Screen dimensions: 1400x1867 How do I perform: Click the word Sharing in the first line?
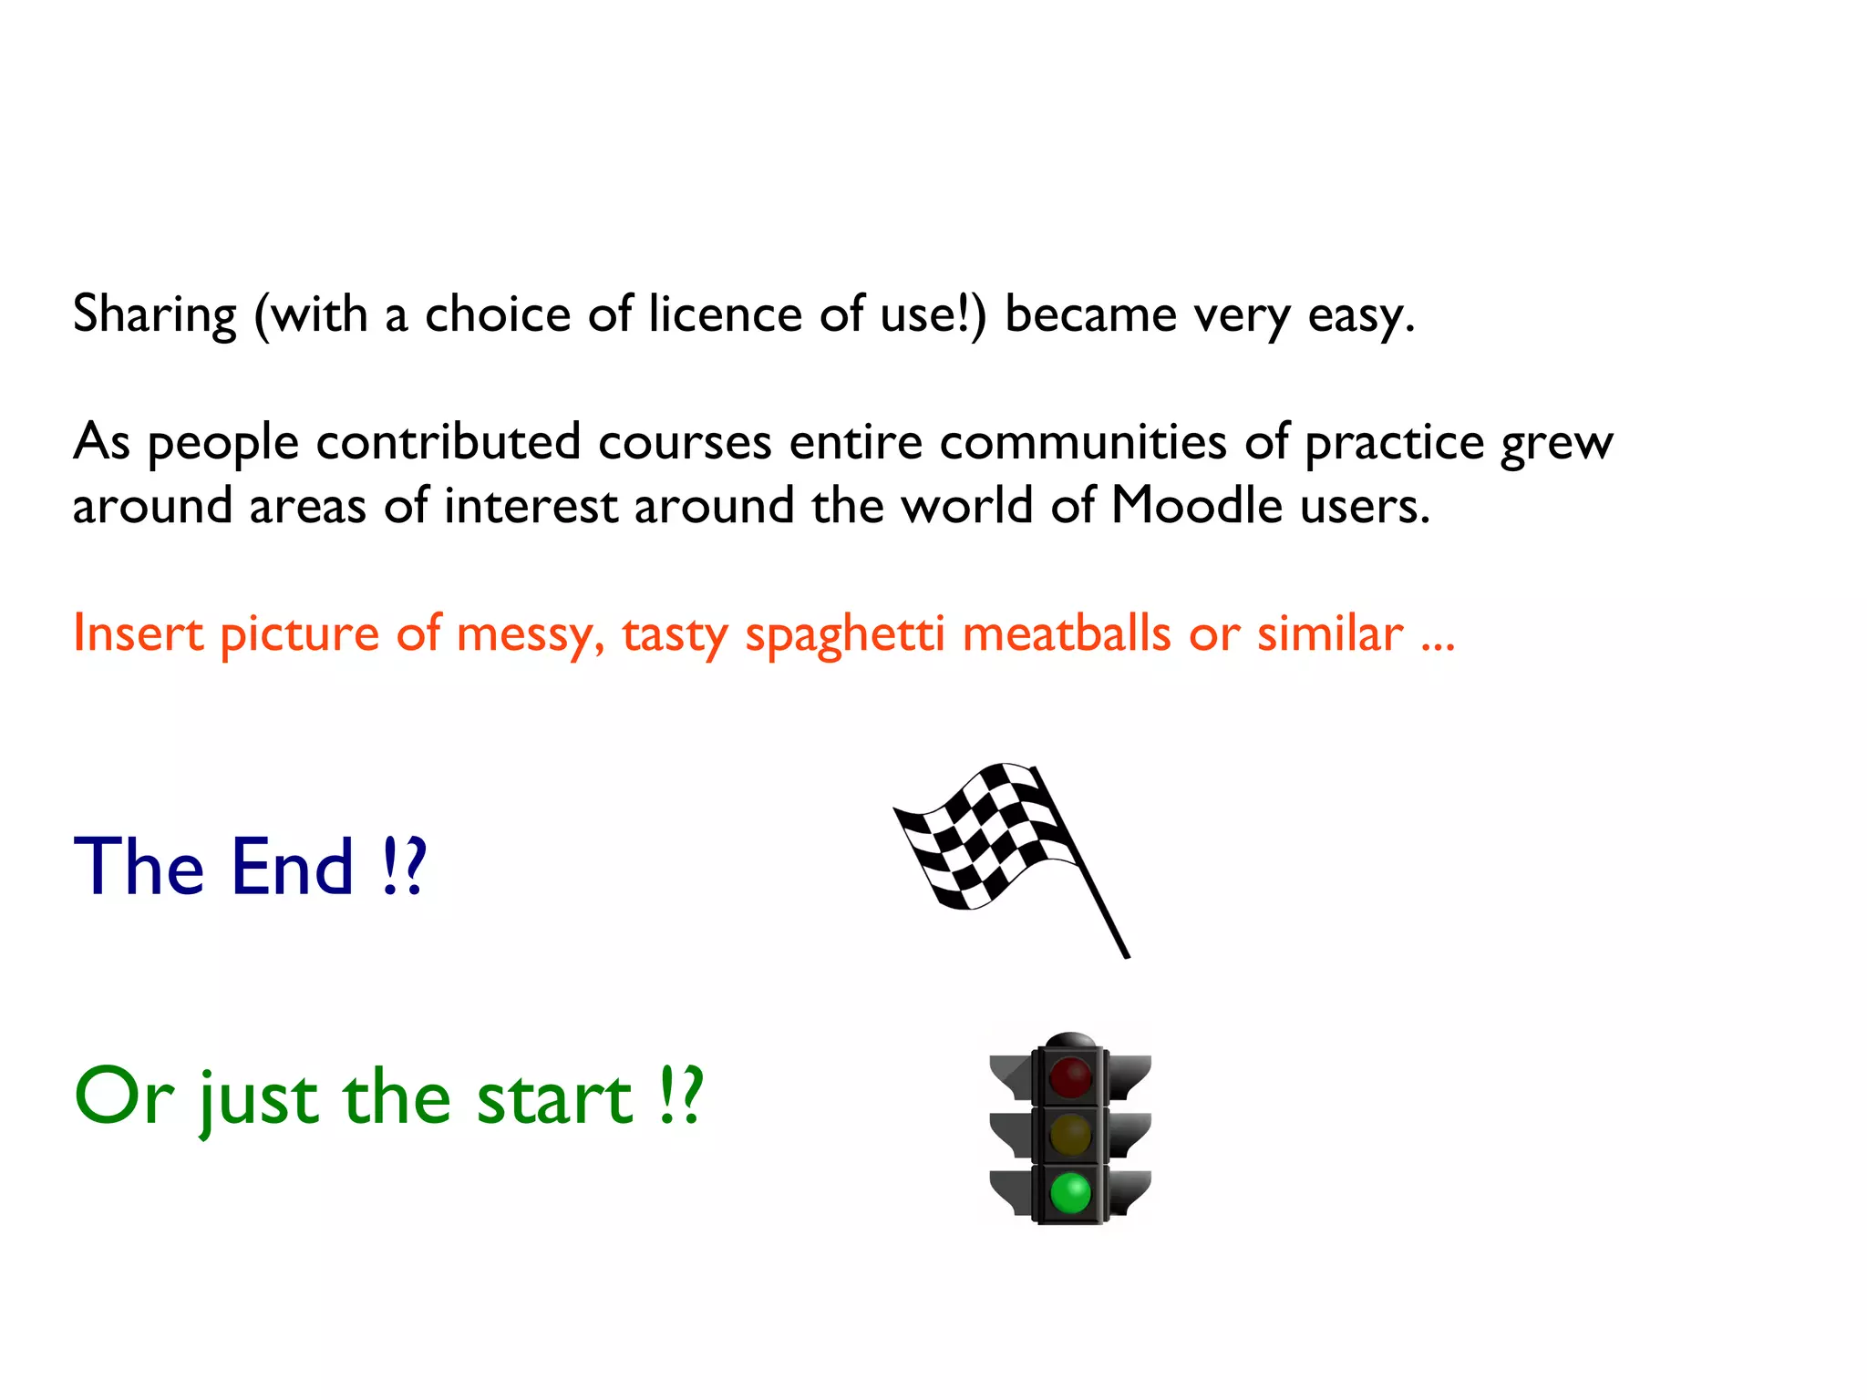pos(155,315)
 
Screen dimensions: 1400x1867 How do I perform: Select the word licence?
pos(725,314)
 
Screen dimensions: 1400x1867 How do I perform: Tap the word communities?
pos(1083,443)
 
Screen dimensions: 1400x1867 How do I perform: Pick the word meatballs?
pos(1066,633)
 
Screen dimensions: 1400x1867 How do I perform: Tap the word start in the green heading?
pos(554,1098)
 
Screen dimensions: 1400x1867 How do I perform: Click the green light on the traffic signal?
pos(1070,1193)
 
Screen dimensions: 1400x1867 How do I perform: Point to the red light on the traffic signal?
pos(1070,1076)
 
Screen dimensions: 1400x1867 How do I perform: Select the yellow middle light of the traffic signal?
pos(1070,1135)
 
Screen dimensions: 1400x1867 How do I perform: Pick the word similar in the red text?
pos(1330,633)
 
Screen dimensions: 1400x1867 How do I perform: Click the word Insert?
pos(138,633)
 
